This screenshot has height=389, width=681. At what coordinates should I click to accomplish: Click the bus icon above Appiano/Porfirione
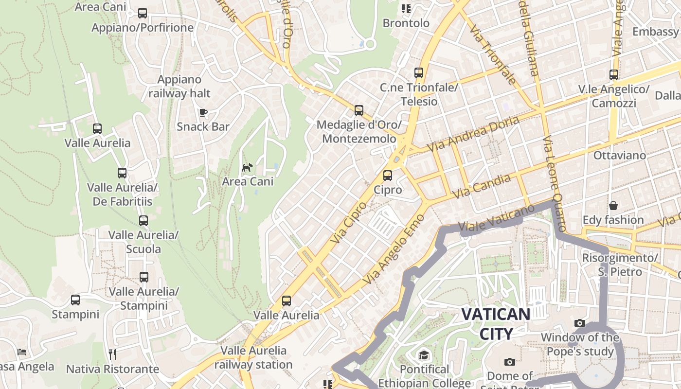coord(143,13)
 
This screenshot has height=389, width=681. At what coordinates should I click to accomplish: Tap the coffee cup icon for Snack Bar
coord(203,113)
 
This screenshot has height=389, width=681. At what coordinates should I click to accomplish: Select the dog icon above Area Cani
coord(248,168)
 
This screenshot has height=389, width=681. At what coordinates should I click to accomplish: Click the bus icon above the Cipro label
coord(388,176)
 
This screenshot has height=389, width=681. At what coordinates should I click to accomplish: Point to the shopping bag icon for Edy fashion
coord(613,206)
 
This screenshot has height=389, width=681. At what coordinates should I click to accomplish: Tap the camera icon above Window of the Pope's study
coord(579,323)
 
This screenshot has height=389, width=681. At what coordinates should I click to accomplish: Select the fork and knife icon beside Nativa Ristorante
coord(112,354)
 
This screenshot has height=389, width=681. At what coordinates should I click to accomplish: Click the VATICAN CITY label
coord(496,324)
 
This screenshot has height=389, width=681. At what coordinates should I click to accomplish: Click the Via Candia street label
coord(482,186)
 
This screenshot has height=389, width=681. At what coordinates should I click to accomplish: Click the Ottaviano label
coord(620,156)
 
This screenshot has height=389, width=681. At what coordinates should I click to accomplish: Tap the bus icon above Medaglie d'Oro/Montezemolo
coord(359,110)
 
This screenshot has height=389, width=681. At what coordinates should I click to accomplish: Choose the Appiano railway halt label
coord(179,87)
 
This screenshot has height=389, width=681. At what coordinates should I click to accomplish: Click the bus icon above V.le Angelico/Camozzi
coord(614,75)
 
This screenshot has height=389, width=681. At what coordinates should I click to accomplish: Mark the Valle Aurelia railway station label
coord(253,357)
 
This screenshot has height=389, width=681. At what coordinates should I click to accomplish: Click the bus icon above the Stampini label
coord(75,300)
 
